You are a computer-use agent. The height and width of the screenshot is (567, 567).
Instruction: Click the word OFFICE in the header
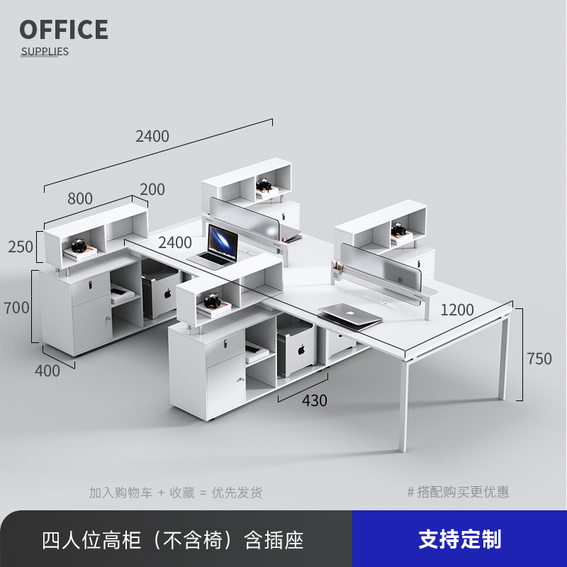click(x=64, y=30)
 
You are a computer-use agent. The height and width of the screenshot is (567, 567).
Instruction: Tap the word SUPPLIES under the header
click(x=45, y=51)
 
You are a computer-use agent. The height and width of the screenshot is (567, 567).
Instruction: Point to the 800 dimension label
click(x=80, y=198)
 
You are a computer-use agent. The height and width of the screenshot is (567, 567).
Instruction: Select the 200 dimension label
click(x=152, y=189)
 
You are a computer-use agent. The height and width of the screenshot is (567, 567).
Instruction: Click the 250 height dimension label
click(x=21, y=247)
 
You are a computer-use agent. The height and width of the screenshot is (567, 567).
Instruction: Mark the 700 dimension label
click(x=16, y=308)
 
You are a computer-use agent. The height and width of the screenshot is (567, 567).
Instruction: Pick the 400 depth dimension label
click(x=47, y=371)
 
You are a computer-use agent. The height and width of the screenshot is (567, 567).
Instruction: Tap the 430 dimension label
click(x=314, y=400)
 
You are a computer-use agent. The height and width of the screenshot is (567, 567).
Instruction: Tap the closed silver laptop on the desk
click(x=349, y=314)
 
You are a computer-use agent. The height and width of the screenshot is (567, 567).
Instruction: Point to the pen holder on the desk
click(x=336, y=271)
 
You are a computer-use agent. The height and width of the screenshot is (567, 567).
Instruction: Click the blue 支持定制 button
click(x=459, y=539)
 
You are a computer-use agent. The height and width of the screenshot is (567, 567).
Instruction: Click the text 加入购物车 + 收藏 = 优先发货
click(x=175, y=492)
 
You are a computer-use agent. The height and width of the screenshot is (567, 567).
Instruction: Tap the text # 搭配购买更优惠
click(x=458, y=492)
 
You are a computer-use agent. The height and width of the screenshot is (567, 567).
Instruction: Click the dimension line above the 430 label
click(x=304, y=387)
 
